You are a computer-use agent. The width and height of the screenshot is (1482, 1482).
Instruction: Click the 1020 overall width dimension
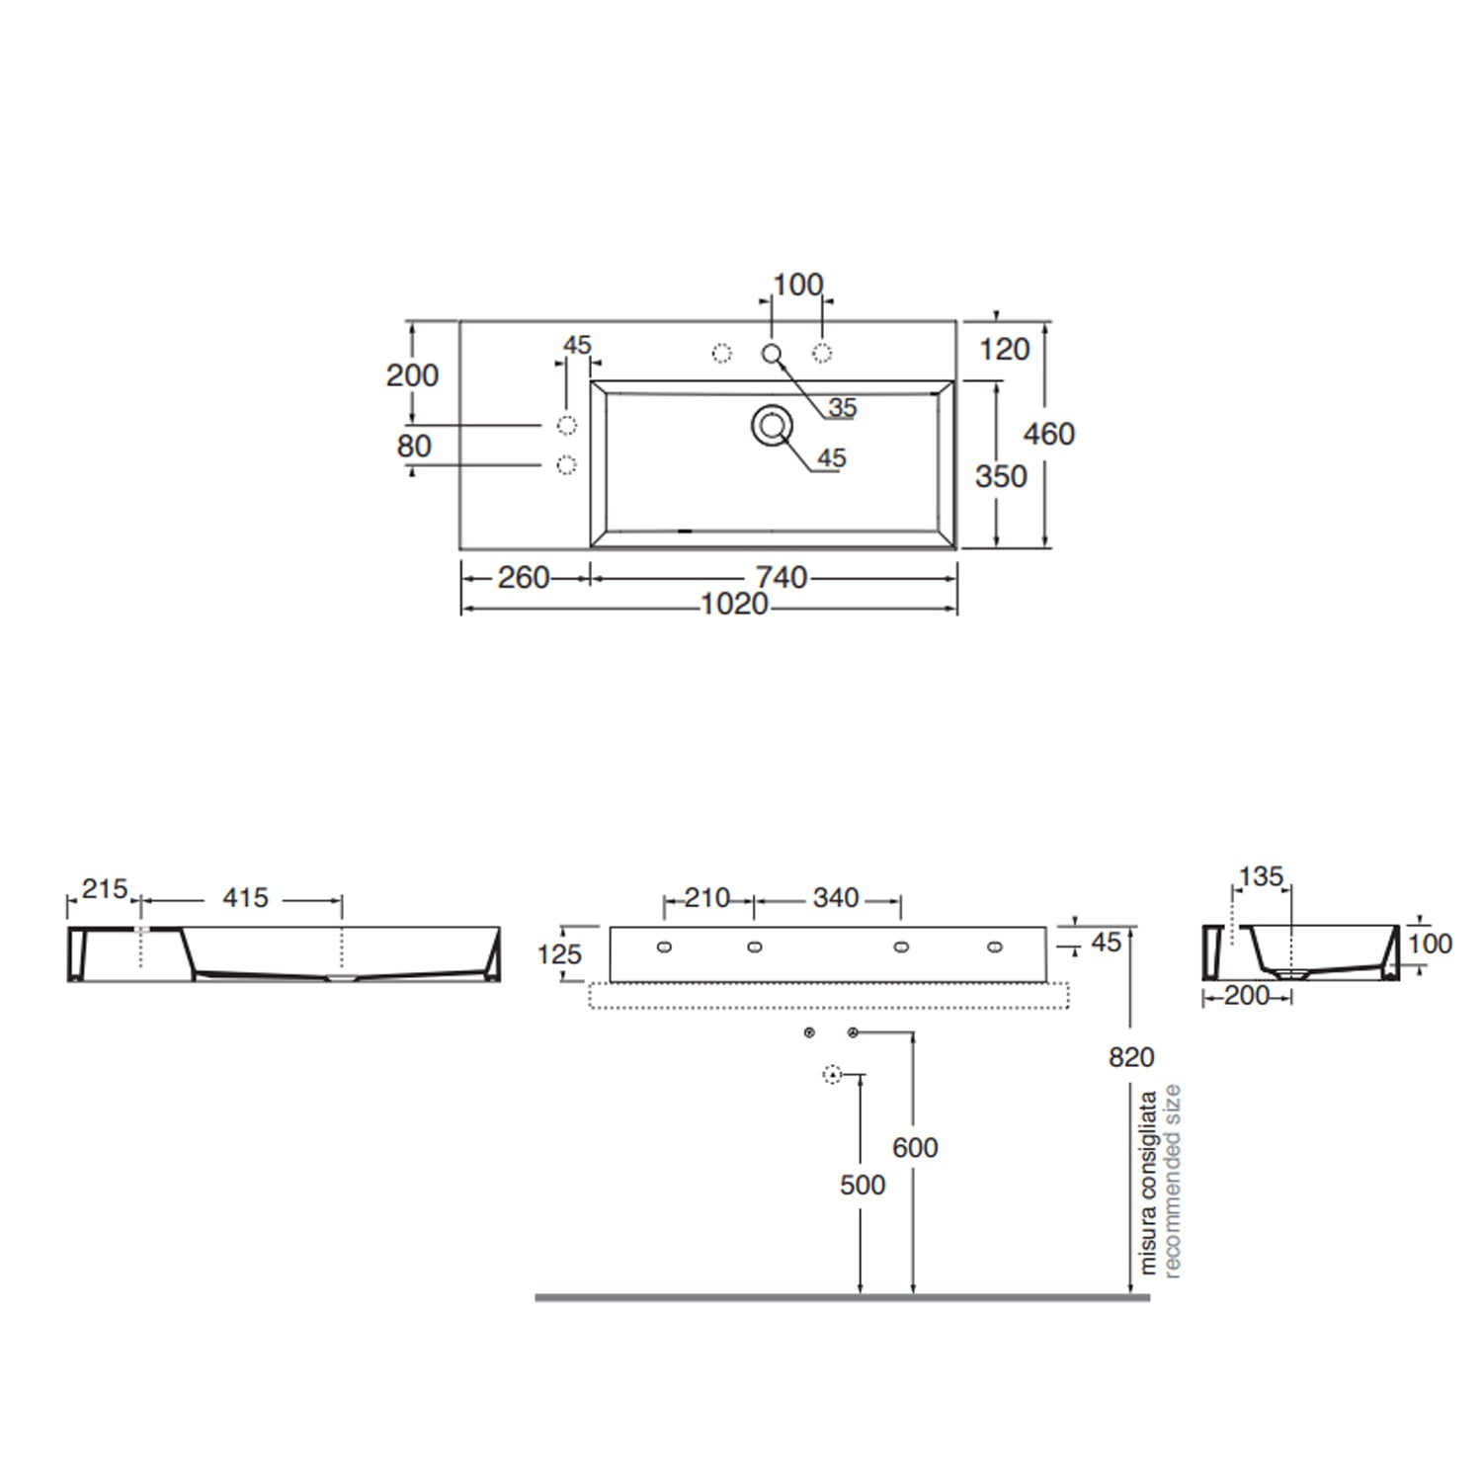click(734, 604)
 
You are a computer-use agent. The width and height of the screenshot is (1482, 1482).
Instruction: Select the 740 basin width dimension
click(782, 577)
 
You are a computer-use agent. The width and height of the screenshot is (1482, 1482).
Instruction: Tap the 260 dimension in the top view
click(523, 577)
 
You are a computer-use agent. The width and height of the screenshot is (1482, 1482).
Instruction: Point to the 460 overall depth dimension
click(1049, 434)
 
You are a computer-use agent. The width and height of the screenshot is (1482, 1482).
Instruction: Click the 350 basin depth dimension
click(1001, 476)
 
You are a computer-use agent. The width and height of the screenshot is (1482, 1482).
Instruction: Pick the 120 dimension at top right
click(1004, 349)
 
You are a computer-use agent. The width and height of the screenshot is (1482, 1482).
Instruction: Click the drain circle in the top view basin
click(772, 426)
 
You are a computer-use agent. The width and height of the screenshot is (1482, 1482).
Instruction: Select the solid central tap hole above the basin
click(772, 354)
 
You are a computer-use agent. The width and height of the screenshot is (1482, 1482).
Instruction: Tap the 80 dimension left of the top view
click(414, 446)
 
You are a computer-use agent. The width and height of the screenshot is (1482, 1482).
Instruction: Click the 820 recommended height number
click(1131, 1057)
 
